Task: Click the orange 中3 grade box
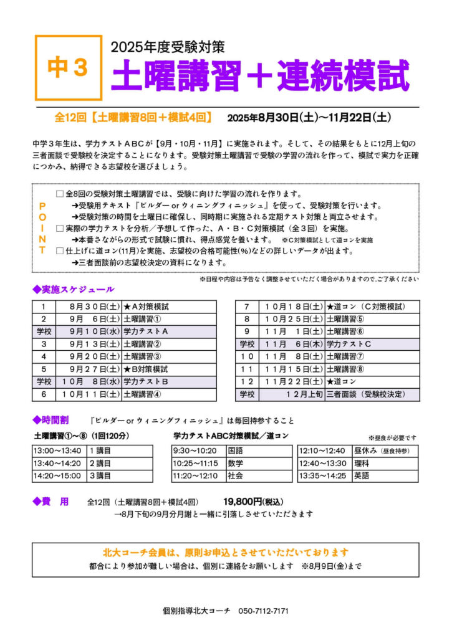point(68,68)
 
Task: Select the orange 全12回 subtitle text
point(134,117)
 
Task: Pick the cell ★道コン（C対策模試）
point(365,307)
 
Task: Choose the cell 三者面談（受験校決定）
point(365,394)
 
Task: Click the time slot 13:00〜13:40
point(58,450)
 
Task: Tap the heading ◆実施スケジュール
point(74,289)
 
